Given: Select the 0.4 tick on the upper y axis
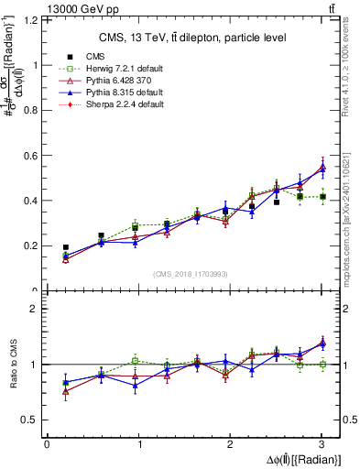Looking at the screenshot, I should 33,201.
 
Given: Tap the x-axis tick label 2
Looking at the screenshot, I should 230,444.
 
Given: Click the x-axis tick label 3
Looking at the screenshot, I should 322,444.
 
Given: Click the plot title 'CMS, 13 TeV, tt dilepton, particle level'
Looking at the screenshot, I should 192,38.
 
